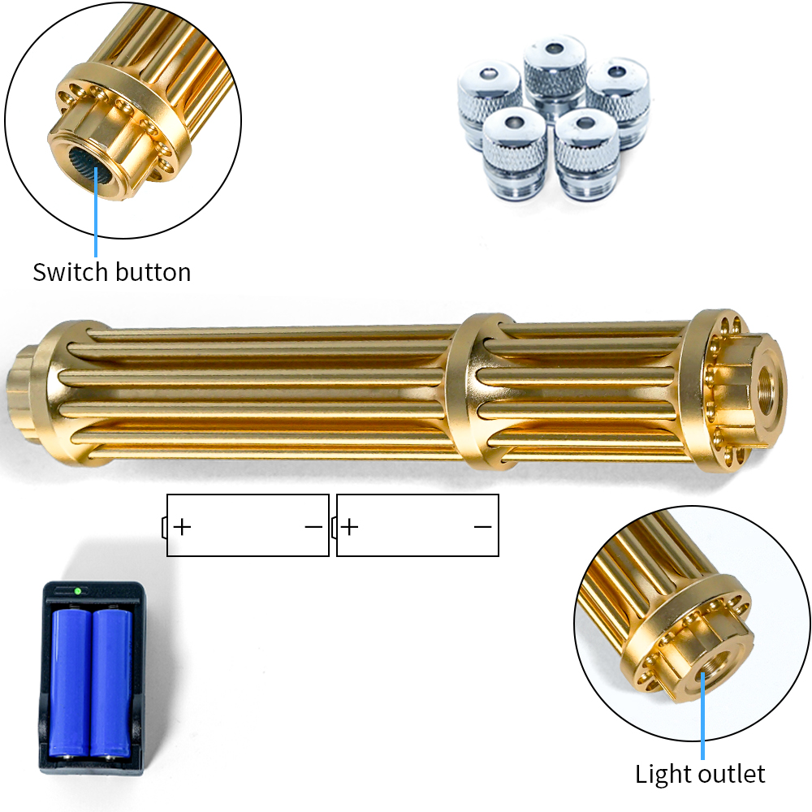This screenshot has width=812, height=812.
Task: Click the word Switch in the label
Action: (x=70, y=272)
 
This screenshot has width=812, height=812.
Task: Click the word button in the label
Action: (x=153, y=272)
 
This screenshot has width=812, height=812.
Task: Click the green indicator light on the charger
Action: (x=78, y=590)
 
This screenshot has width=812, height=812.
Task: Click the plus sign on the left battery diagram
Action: (x=182, y=527)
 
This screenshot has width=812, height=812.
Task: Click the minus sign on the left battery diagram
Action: (x=313, y=527)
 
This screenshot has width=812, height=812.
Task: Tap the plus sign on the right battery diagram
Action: (x=350, y=527)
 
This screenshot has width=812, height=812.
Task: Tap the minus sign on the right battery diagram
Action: (x=482, y=527)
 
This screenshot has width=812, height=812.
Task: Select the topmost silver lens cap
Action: (x=555, y=74)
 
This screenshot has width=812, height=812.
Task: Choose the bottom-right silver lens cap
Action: (x=587, y=154)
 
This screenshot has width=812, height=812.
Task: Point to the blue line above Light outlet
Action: (x=702, y=715)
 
